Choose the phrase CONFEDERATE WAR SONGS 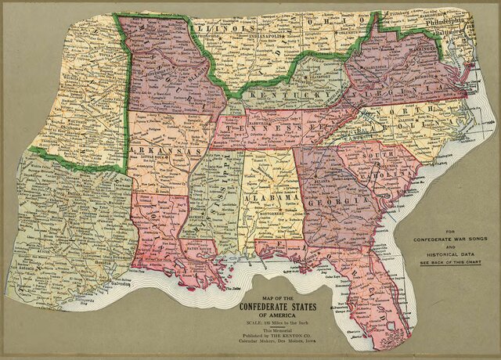(451, 238)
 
